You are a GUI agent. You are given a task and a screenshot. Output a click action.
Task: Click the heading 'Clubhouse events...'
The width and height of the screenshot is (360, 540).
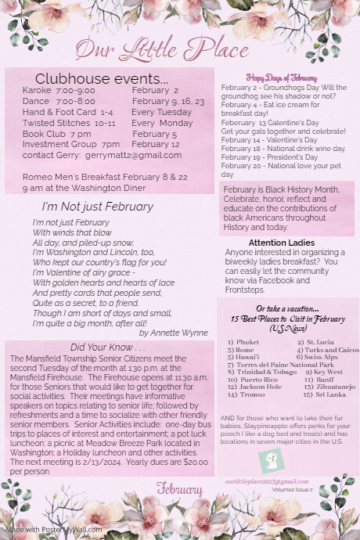pyautogui.click(x=102, y=79)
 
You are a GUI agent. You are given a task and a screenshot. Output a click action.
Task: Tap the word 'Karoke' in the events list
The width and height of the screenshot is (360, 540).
pyautogui.click(x=37, y=91)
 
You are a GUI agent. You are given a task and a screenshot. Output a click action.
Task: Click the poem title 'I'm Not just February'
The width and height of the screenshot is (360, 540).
pyautogui.click(x=98, y=207)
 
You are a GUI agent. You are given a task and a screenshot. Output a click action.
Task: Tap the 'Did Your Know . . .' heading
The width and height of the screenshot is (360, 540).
pyautogui.click(x=107, y=347)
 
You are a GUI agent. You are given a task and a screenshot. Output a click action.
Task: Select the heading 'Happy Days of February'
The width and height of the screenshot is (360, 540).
pyautogui.click(x=281, y=78)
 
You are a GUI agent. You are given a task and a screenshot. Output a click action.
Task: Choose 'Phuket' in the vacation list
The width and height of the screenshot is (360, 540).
pyautogui.click(x=249, y=342)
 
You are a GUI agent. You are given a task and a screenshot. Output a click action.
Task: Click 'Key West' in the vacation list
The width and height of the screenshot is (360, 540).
pyautogui.click(x=327, y=372)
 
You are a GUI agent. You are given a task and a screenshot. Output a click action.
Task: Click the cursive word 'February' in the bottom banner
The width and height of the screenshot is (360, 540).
pyautogui.click(x=179, y=489)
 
